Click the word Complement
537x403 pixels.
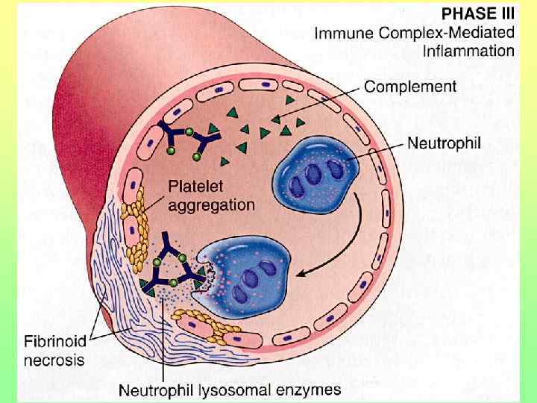point(410,87)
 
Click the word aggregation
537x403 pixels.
point(211,204)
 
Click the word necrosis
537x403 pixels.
point(52,360)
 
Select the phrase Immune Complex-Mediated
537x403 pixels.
point(414,33)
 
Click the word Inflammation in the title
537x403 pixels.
point(468,51)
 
